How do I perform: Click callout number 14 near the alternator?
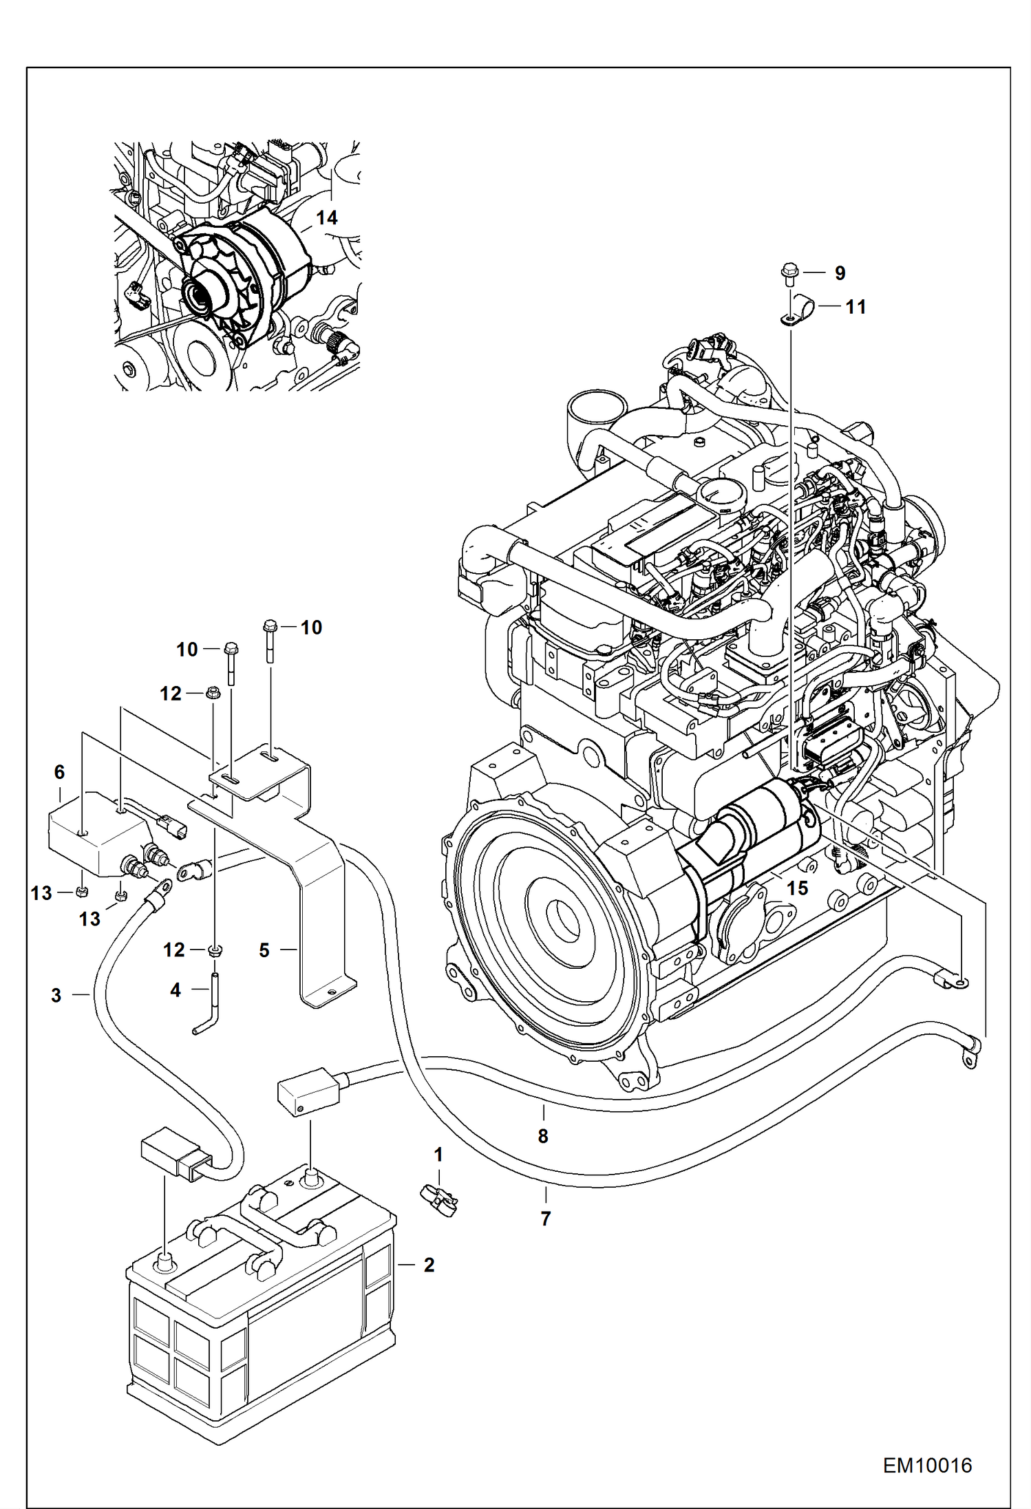[x=326, y=218]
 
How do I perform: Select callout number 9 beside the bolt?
[x=840, y=273]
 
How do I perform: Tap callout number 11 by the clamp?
[x=855, y=307]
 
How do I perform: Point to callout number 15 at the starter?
[x=796, y=888]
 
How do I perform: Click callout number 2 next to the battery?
[x=428, y=1265]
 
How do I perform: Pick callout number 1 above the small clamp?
[x=438, y=1155]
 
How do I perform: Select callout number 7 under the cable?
[x=545, y=1219]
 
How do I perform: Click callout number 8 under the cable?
[x=542, y=1136]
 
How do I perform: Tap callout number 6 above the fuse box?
[x=59, y=772]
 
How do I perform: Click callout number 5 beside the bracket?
[x=264, y=950]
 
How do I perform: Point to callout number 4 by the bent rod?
[x=176, y=990]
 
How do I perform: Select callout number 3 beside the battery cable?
[x=56, y=995]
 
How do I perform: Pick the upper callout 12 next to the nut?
[x=171, y=694]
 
